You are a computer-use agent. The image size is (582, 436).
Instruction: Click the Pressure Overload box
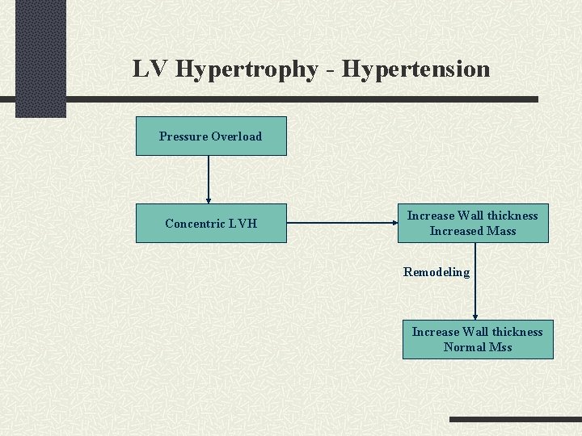click(x=210, y=136)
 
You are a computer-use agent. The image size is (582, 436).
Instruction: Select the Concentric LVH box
click(x=210, y=223)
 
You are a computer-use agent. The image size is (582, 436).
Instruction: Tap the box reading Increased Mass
click(x=472, y=223)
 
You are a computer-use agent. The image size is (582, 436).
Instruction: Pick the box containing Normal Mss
click(x=477, y=339)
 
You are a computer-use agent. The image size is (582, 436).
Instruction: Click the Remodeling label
click(x=436, y=272)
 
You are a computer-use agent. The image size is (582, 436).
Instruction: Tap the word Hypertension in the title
click(x=415, y=69)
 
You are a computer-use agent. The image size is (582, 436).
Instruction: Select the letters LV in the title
click(x=151, y=69)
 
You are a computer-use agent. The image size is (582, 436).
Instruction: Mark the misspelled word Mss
click(x=500, y=347)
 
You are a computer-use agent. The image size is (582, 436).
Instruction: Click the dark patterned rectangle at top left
click(x=40, y=57)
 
